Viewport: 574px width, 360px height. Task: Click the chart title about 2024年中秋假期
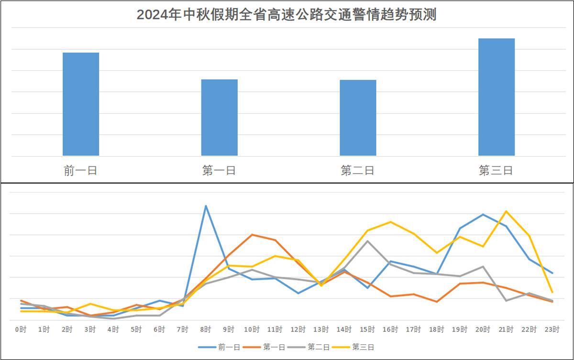pyautogui.click(x=287, y=15)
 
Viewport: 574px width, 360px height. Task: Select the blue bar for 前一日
pyautogui.click(x=81, y=104)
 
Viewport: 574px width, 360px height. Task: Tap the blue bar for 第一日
pyautogui.click(x=219, y=118)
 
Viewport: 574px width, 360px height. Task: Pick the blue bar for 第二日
pyautogui.click(x=358, y=118)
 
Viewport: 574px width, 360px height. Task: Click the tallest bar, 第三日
pyautogui.click(x=497, y=97)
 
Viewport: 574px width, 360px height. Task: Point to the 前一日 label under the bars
pyautogui.click(x=80, y=171)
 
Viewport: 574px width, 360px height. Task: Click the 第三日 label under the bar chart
pyautogui.click(x=496, y=171)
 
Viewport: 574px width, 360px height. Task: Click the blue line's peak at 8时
pyautogui.click(x=206, y=206)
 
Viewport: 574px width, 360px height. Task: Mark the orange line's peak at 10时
pyautogui.click(x=252, y=235)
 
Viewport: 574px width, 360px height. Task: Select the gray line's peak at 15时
pyautogui.click(x=367, y=241)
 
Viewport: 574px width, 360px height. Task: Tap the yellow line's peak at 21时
pyautogui.click(x=506, y=211)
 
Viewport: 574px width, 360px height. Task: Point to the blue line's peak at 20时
pyautogui.click(x=483, y=214)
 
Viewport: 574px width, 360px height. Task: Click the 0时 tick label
pyautogui.click(x=21, y=329)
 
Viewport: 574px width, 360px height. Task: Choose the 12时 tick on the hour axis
pyautogui.click(x=298, y=329)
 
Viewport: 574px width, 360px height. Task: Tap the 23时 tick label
pyautogui.click(x=552, y=329)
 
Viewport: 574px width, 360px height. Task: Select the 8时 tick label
pyautogui.click(x=206, y=329)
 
